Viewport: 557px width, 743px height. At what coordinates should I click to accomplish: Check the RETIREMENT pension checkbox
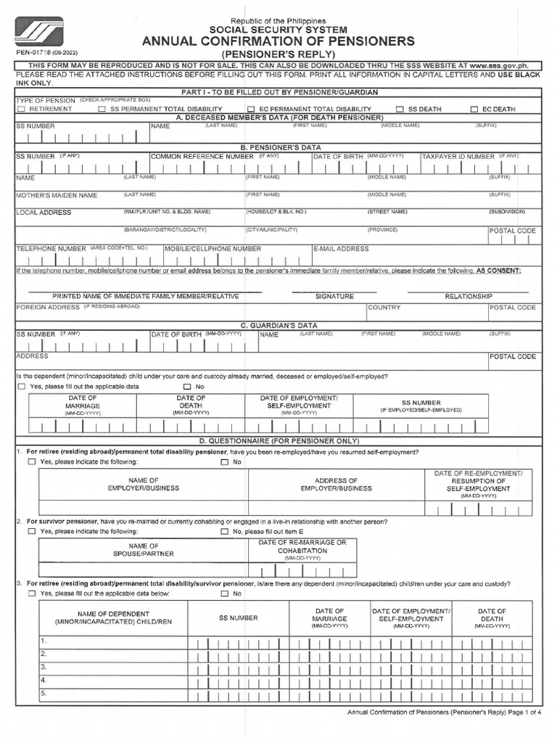(22, 109)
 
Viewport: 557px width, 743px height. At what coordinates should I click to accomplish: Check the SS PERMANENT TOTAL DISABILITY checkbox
(102, 109)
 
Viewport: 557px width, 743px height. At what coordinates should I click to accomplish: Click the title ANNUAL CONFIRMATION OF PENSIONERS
(278, 41)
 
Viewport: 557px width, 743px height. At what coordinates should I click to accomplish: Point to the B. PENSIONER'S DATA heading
(278, 147)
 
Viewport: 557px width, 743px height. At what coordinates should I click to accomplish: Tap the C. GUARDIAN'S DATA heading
(278, 326)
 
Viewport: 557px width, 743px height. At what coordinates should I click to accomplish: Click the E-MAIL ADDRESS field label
(342, 249)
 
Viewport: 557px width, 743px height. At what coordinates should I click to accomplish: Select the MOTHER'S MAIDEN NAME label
(57, 196)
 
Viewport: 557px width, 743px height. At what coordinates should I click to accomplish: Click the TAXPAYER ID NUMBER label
(458, 156)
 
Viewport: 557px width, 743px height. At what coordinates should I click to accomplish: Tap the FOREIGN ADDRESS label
(48, 308)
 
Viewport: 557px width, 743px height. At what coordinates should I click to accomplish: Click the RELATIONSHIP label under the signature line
(469, 297)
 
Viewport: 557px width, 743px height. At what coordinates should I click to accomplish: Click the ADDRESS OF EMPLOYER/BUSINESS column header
(336, 485)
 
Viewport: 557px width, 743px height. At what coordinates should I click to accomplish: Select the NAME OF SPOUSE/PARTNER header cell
(144, 551)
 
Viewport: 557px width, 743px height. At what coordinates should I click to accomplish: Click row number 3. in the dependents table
(44, 667)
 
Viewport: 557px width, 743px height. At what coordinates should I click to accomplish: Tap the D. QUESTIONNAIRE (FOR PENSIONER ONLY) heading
(278, 441)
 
